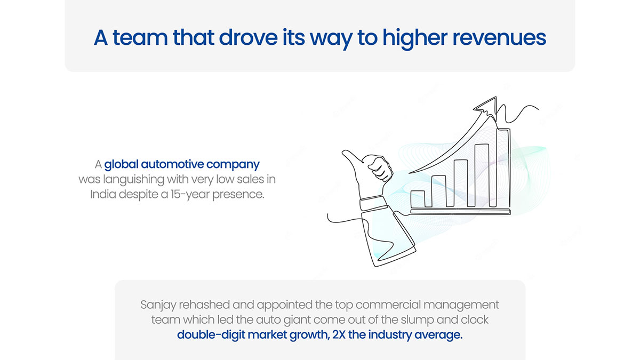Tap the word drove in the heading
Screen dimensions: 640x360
click(248, 37)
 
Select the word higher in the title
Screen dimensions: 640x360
click(415, 39)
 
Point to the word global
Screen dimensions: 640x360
click(121, 165)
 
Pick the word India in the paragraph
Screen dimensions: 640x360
click(103, 194)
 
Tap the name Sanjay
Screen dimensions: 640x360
click(158, 305)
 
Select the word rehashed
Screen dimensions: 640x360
click(204, 305)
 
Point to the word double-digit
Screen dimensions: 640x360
click(211, 335)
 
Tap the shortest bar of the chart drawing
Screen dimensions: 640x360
click(418, 199)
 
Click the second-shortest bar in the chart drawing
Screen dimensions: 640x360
click(438, 191)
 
